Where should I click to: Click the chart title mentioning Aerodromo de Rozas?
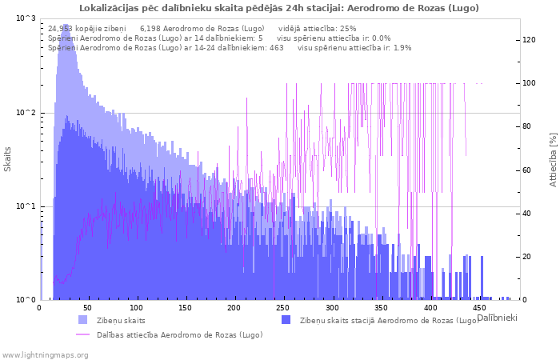click(279, 8)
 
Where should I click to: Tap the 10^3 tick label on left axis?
click(26, 18)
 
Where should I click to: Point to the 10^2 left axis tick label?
click(26, 113)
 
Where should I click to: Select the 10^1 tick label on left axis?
click(26, 206)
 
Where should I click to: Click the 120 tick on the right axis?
click(529, 40)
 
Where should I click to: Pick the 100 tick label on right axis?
click(529, 83)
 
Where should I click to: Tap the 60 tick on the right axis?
click(526, 170)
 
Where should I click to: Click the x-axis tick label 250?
click(283, 308)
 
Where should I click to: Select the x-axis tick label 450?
click(478, 308)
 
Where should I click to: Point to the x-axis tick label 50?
click(87, 308)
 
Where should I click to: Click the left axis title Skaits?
click(7, 159)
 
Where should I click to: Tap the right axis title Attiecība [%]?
click(554, 160)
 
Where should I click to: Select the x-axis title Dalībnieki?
click(497, 318)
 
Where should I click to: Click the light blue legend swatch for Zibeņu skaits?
click(82, 320)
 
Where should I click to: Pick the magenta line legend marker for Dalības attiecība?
click(82, 334)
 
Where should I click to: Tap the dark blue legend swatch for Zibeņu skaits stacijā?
click(286, 320)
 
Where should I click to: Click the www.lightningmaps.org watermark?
click(44, 355)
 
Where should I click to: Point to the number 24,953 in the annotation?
click(60, 29)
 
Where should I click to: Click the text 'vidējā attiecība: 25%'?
click(317, 29)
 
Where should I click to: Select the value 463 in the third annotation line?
click(277, 48)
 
